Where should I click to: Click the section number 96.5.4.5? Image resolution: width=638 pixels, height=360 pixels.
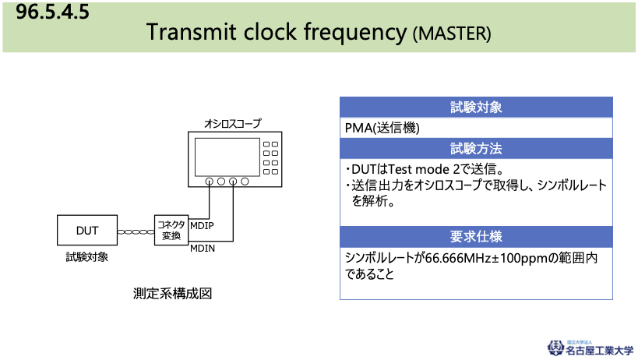click(x=52, y=12)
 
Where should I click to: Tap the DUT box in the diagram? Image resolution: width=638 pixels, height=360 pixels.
click(x=87, y=230)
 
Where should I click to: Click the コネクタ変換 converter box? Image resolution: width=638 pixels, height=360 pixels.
click(x=171, y=230)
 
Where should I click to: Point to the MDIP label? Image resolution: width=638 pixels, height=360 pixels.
click(x=202, y=226)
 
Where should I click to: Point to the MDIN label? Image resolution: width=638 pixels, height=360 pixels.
click(x=203, y=248)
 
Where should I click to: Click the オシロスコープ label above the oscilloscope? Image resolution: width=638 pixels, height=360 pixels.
click(x=232, y=123)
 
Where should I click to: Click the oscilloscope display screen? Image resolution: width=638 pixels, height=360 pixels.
click(x=227, y=157)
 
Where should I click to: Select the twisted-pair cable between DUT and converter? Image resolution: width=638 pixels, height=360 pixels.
click(x=136, y=232)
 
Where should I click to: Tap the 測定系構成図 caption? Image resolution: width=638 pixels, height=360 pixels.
click(x=172, y=293)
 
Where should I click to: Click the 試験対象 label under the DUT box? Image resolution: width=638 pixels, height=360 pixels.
click(x=87, y=257)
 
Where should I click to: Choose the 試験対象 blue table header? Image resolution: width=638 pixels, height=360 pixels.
click(x=476, y=108)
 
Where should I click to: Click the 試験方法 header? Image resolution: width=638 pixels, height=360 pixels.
click(x=476, y=149)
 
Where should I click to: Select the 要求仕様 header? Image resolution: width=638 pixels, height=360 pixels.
click(x=476, y=237)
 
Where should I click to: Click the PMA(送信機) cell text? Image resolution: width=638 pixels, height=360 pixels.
click(x=382, y=128)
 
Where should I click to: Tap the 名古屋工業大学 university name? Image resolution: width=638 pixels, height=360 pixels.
click(x=599, y=350)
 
